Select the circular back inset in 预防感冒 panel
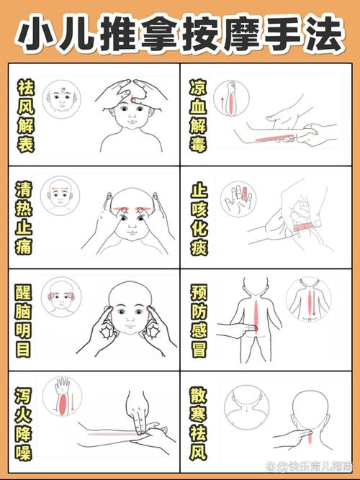point(308,301)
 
